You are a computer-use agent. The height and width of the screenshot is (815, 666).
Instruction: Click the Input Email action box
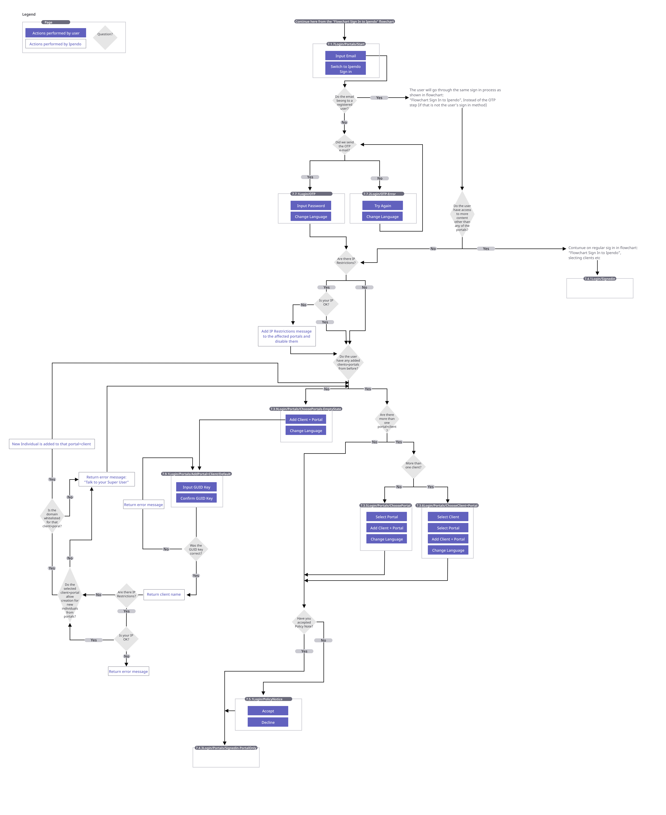pyautogui.click(x=345, y=56)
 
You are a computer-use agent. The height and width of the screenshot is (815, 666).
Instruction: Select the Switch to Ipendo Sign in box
pyautogui.click(x=345, y=69)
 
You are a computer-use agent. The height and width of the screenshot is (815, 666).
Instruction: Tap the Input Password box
pyautogui.click(x=311, y=206)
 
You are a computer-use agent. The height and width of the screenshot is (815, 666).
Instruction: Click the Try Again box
pyautogui.click(x=383, y=206)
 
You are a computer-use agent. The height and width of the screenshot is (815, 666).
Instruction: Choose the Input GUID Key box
pyautogui.click(x=196, y=487)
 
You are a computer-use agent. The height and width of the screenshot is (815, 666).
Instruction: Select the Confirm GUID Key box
pyautogui.click(x=196, y=498)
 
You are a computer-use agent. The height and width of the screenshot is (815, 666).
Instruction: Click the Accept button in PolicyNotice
pyautogui.click(x=268, y=711)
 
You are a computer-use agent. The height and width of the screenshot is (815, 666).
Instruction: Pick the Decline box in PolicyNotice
pyautogui.click(x=268, y=722)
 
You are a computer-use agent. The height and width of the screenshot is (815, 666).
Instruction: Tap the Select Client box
pyautogui.click(x=448, y=517)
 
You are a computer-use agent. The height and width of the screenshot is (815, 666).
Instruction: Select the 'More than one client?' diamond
pyautogui.click(x=413, y=465)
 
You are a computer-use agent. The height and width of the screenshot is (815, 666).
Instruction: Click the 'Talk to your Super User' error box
pyautogui.click(x=107, y=479)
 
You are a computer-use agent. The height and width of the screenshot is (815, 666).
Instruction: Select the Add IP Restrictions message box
pyautogui.click(x=287, y=336)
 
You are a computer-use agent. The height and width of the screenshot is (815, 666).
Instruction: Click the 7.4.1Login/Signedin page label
pyautogui.click(x=600, y=279)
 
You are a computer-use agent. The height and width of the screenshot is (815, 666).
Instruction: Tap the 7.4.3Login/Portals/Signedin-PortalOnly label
pyautogui.click(x=226, y=748)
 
